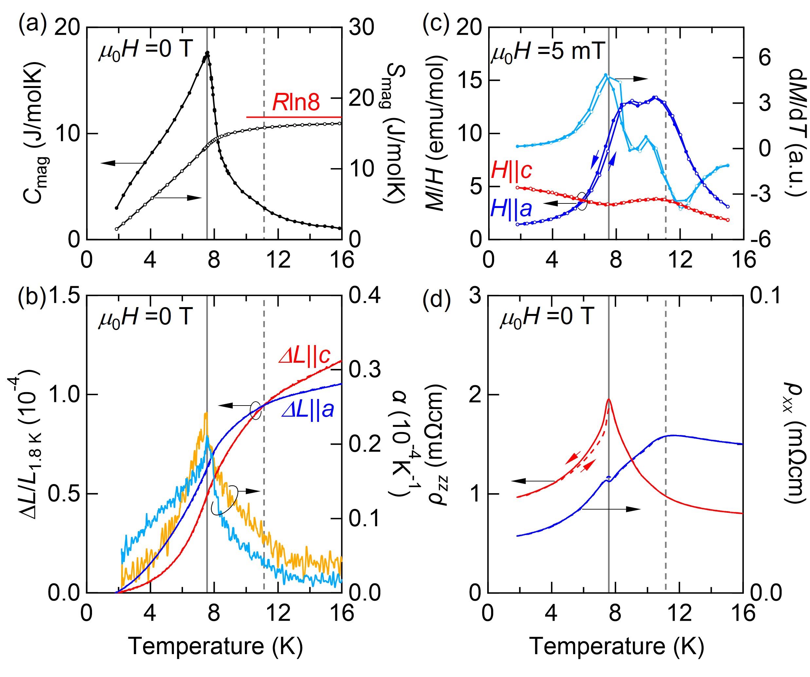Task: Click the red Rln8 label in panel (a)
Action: tap(296, 102)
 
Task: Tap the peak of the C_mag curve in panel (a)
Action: tap(207, 53)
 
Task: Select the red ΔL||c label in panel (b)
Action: tap(305, 355)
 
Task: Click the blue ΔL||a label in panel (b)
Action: tap(308, 409)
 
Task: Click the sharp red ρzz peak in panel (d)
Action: tap(609, 400)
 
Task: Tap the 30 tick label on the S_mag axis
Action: tap(361, 27)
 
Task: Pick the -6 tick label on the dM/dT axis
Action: tap(760, 240)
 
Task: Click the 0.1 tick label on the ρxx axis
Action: tap(766, 296)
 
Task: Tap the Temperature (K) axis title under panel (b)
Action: tap(215, 646)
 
